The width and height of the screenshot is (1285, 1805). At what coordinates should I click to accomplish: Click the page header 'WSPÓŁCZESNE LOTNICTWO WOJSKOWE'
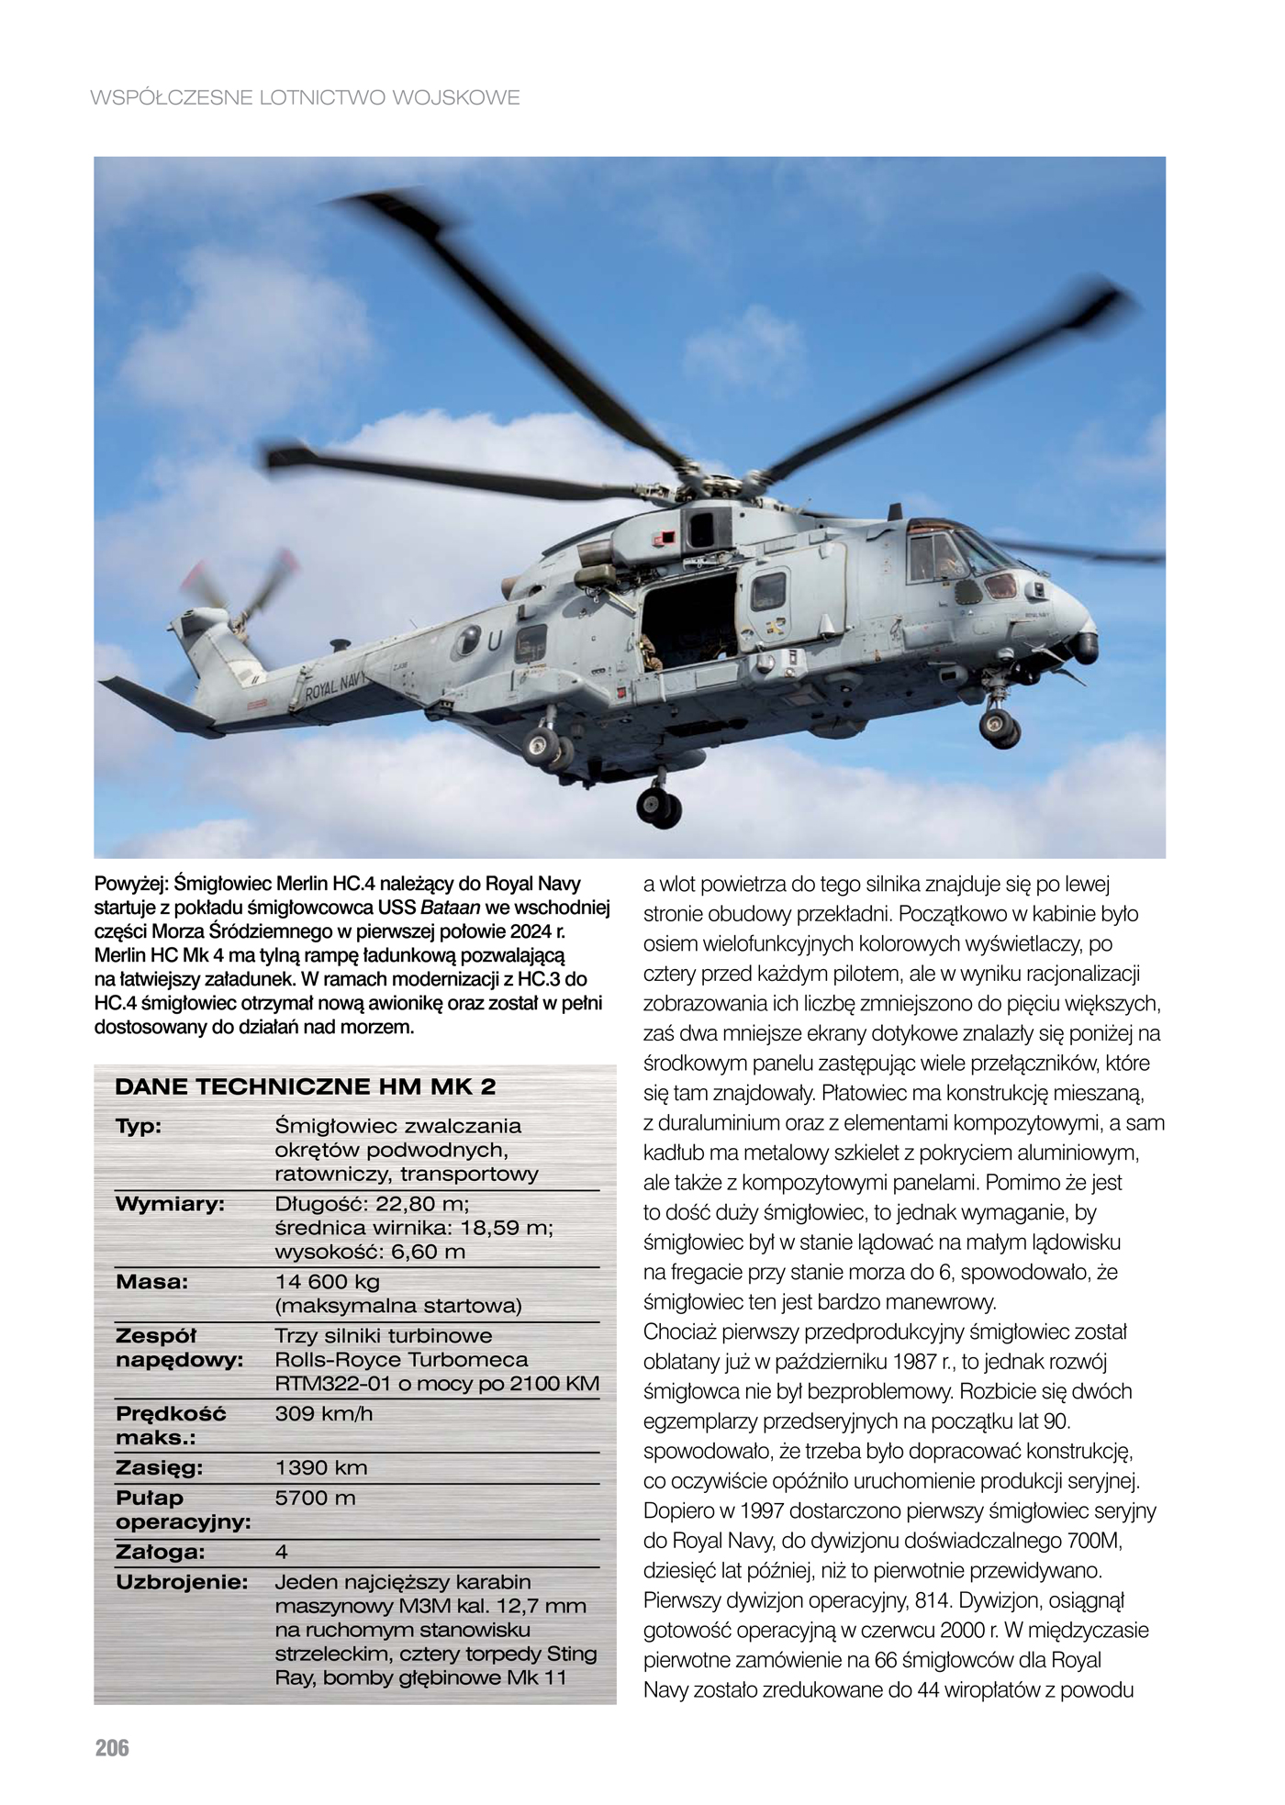pyautogui.click(x=306, y=97)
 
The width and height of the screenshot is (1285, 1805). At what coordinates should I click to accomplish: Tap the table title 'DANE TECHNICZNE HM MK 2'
pyautogui.click(x=305, y=1087)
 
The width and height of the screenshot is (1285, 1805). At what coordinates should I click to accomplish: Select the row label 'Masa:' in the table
pyautogui.click(x=151, y=1282)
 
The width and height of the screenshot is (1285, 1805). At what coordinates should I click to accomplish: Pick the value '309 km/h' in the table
pyautogui.click(x=324, y=1413)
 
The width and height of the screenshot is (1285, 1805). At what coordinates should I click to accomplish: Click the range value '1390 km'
pyautogui.click(x=321, y=1467)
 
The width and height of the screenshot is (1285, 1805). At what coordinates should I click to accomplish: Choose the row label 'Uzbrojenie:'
pyautogui.click(x=183, y=1582)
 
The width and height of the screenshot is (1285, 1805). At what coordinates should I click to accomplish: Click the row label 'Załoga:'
pyautogui.click(x=160, y=1552)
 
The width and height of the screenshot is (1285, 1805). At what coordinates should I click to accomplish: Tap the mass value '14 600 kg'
pyautogui.click(x=328, y=1282)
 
